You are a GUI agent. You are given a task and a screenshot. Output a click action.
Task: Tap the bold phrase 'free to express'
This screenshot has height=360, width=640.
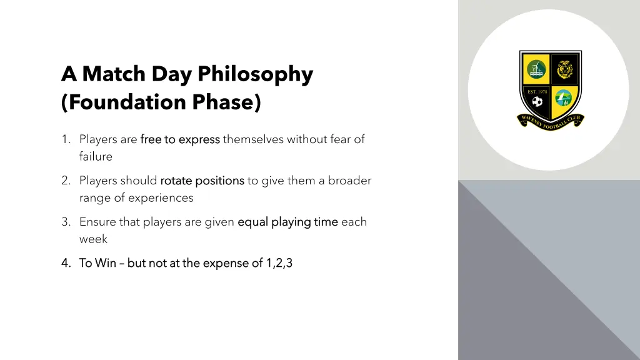click(180, 139)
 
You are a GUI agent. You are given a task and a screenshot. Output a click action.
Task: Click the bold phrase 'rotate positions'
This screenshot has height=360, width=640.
click(202, 181)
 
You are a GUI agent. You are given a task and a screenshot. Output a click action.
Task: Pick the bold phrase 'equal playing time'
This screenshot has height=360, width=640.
click(287, 222)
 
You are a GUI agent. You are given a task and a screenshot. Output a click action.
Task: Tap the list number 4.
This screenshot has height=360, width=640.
click(66, 263)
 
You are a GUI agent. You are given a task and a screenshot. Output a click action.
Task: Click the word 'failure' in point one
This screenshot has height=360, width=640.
click(96, 156)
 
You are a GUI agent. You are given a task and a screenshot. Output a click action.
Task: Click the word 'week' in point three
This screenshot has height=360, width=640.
click(93, 239)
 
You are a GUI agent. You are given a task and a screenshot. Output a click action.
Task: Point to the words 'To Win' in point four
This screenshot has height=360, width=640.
click(97, 263)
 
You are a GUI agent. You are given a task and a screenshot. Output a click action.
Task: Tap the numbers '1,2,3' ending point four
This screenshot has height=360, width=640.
click(279, 263)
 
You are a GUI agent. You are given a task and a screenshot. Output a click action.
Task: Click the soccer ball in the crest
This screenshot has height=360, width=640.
click(537, 101)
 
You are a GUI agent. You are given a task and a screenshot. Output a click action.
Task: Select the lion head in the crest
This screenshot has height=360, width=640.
click(565, 69)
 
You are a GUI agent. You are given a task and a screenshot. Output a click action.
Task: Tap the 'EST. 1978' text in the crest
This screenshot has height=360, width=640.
click(537, 92)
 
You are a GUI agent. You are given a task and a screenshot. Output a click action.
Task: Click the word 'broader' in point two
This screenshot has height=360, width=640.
click(349, 181)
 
